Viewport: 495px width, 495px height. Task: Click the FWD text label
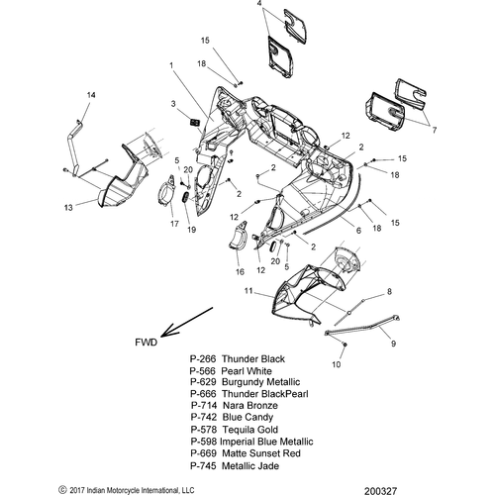[147, 343]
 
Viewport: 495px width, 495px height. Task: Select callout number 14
[91, 95]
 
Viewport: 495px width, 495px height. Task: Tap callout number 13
[68, 208]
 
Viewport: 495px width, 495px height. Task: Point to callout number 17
[174, 224]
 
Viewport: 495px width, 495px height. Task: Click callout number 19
[192, 230]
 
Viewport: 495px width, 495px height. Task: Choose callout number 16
[240, 271]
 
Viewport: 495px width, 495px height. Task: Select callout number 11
[248, 291]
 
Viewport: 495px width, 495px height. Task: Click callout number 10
[336, 364]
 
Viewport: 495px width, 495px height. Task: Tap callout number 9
[393, 344]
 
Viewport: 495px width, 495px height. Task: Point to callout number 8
[389, 292]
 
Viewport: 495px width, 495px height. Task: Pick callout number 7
[435, 131]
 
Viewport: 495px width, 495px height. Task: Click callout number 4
[259, 4]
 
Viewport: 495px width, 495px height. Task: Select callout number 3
[173, 104]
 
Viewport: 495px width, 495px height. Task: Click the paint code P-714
[204, 405]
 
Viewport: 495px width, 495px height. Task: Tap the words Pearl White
[247, 371]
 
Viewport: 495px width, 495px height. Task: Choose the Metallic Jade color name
[250, 466]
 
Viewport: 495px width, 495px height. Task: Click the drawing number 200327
[381, 491]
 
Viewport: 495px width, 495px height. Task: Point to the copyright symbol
[62, 489]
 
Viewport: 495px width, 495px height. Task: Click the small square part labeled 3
[194, 122]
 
